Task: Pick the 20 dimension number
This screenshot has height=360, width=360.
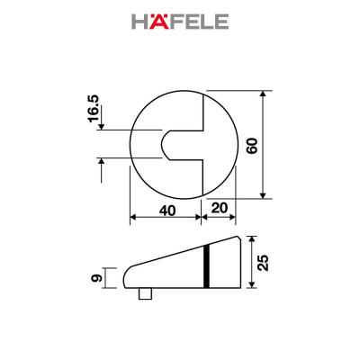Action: point(219,209)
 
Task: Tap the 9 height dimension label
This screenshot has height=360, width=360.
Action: point(95,278)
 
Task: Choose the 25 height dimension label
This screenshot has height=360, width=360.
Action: point(262,262)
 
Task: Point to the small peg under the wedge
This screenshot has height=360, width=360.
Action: point(145,293)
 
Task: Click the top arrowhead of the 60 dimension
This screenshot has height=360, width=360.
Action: point(264,94)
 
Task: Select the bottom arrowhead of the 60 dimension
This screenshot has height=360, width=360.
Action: point(264,194)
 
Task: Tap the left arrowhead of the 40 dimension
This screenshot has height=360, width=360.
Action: point(134,218)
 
